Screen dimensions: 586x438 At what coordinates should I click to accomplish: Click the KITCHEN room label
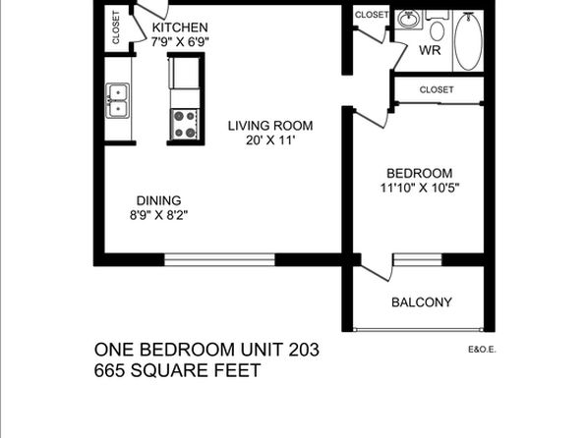(x=180, y=27)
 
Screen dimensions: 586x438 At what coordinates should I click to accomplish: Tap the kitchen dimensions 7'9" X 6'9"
(x=180, y=41)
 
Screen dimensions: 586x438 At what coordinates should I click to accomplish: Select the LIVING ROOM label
(x=270, y=126)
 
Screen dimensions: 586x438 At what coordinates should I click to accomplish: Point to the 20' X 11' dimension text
(x=270, y=140)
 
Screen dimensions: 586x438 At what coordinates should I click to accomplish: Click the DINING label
(x=159, y=201)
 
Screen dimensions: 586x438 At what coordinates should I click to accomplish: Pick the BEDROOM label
(x=419, y=173)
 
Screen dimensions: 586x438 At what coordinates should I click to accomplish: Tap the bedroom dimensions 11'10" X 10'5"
(x=419, y=188)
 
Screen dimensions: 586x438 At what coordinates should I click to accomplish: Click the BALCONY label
(x=422, y=302)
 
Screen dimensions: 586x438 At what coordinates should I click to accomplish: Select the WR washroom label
(x=430, y=50)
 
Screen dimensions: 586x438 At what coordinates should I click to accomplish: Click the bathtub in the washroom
(x=468, y=40)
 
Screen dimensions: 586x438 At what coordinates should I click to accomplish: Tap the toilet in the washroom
(x=437, y=27)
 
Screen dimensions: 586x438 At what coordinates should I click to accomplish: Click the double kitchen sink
(x=118, y=101)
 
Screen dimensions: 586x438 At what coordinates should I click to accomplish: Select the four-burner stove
(x=185, y=125)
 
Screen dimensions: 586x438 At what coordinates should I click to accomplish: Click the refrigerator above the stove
(x=185, y=74)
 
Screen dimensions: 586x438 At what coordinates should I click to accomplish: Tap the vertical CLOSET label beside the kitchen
(x=116, y=27)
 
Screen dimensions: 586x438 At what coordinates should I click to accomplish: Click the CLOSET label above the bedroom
(x=437, y=89)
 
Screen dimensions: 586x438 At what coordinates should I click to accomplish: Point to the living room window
(x=220, y=260)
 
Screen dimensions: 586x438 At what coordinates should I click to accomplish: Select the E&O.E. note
(x=482, y=350)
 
